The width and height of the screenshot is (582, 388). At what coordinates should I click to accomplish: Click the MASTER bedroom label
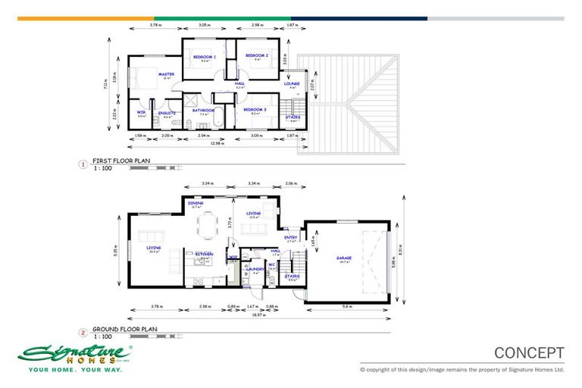click(167, 74)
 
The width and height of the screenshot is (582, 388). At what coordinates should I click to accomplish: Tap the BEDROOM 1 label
click(204, 57)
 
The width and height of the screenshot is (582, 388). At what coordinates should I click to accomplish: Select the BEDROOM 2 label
click(257, 55)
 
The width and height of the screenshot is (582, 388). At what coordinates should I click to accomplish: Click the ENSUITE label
click(167, 113)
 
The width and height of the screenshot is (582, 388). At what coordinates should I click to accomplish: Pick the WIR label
click(141, 113)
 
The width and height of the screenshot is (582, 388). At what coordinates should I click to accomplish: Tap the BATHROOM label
click(203, 111)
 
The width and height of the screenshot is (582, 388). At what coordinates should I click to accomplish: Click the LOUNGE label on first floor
click(293, 83)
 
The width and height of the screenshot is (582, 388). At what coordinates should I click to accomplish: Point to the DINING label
click(196, 202)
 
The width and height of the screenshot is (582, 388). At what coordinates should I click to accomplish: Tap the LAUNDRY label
click(254, 269)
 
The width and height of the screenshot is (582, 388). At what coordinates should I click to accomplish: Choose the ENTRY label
click(291, 237)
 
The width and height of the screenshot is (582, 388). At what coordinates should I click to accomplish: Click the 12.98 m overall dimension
click(216, 142)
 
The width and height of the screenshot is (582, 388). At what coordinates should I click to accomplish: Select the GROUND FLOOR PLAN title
click(124, 330)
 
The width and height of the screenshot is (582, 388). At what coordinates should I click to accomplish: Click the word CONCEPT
click(529, 352)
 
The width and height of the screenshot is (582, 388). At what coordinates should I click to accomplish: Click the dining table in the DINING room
click(207, 224)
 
